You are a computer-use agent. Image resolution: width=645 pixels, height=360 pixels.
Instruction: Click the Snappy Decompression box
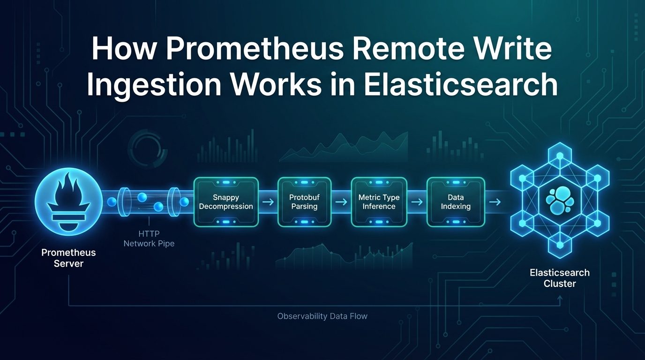[x=226, y=202]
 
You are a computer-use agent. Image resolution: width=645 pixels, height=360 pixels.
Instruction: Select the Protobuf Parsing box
[x=304, y=202]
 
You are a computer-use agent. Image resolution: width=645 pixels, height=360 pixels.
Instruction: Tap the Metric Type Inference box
[x=379, y=202]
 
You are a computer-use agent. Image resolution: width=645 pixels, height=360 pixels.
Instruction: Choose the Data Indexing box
[x=456, y=202]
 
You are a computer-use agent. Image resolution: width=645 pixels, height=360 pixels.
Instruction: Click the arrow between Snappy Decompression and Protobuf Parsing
[x=268, y=202]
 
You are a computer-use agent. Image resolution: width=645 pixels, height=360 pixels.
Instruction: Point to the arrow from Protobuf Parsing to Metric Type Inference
[x=342, y=202]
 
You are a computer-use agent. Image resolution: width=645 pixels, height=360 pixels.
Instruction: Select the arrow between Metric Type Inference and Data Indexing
[x=417, y=202]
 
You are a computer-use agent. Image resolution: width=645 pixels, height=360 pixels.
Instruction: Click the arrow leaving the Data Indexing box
[x=495, y=202]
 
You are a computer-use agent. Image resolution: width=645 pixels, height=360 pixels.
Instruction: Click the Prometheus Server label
[x=68, y=258]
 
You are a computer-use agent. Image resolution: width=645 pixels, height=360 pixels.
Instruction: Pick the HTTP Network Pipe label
[x=149, y=239]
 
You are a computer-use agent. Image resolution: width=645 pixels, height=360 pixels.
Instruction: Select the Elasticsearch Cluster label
[x=560, y=278]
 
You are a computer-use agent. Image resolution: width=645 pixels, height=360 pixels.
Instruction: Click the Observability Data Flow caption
[x=322, y=316]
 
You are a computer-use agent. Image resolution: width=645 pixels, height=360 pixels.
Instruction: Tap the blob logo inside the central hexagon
[x=560, y=200]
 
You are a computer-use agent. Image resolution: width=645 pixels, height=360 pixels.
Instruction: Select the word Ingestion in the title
[x=154, y=84]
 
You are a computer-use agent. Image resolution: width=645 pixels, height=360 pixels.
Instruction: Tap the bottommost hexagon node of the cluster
[x=560, y=245]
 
